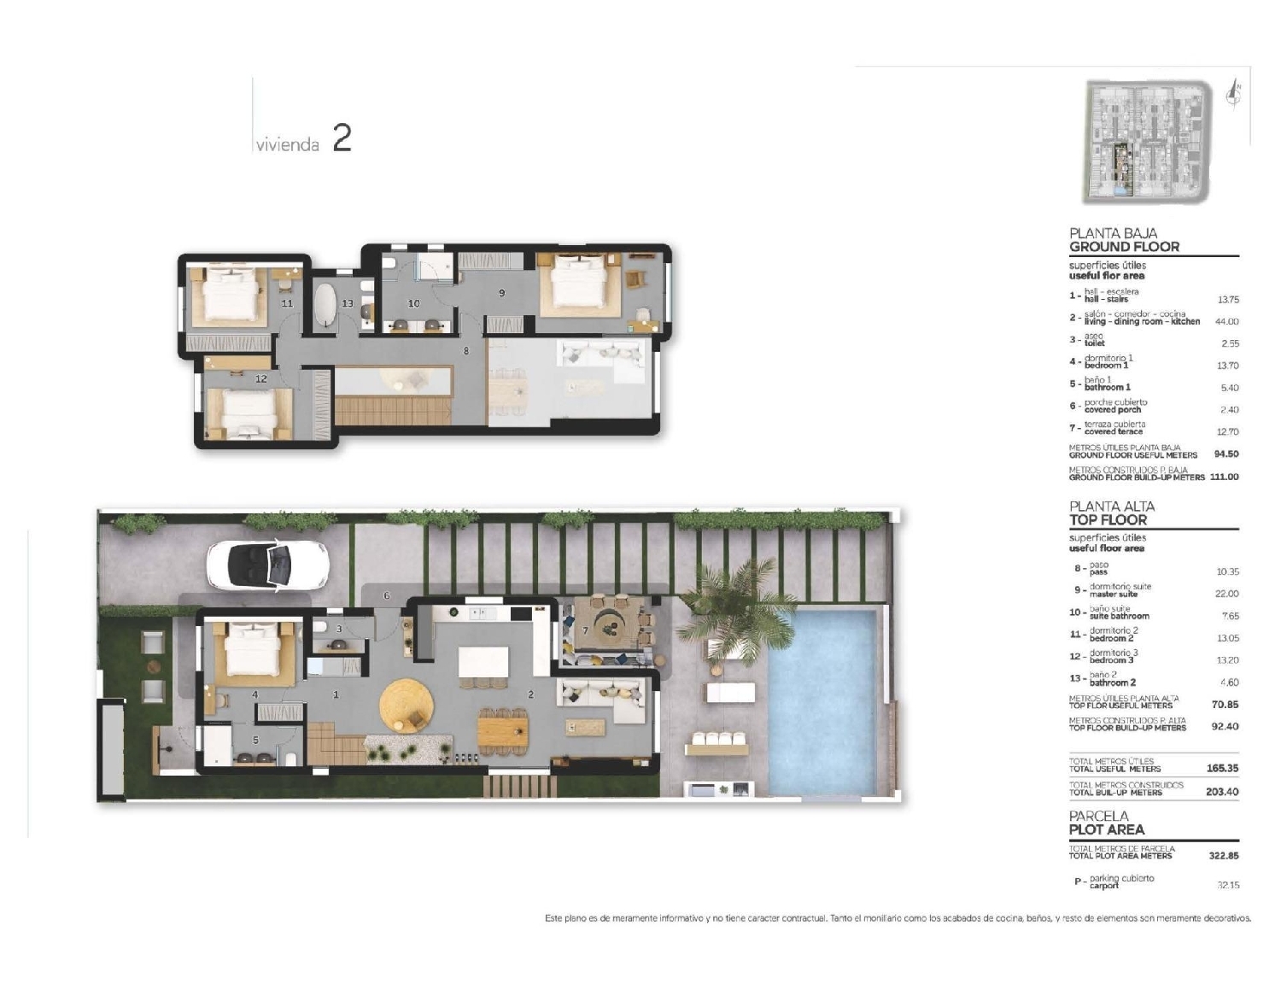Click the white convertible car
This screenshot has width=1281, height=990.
click(267, 565)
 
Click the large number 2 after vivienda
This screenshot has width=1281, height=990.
click(342, 138)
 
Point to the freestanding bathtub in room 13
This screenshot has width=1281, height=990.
click(326, 303)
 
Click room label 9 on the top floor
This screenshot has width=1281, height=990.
click(501, 293)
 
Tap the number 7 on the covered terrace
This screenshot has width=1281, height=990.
click(585, 630)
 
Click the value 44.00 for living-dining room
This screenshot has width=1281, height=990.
click(1226, 321)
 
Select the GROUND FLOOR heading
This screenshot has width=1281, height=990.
click(1124, 247)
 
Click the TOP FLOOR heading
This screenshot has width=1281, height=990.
click(1108, 519)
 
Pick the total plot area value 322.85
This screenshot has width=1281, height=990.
click(1222, 855)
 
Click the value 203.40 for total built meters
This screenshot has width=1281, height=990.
click(1221, 792)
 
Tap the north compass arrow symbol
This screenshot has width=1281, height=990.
click(1232, 93)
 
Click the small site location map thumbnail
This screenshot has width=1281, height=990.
click(1145, 142)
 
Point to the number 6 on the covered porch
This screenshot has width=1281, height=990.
click(387, 595)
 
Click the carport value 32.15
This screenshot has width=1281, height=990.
click(1227, 885)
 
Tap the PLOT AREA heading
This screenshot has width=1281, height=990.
click(1106, 829)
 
